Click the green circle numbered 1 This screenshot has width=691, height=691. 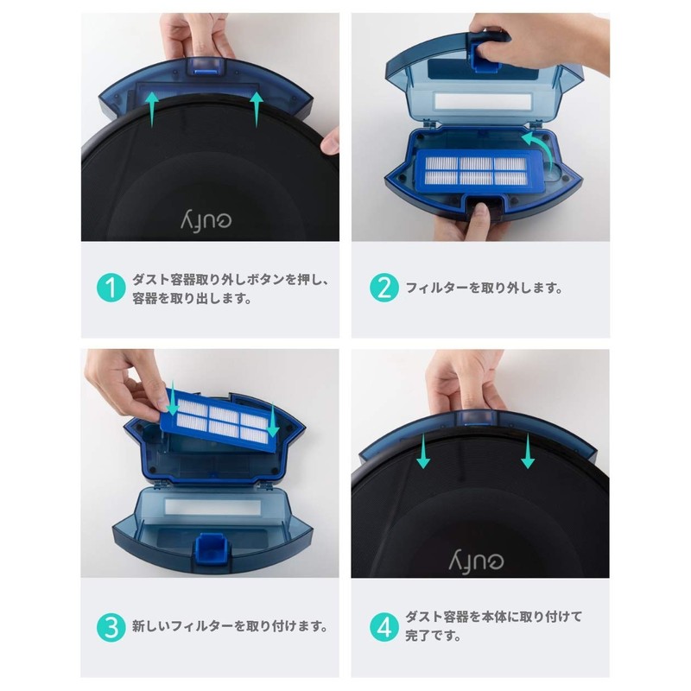click(110, 288)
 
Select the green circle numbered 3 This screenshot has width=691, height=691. click(110, 626)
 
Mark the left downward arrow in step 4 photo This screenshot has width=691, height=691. click(422, 452)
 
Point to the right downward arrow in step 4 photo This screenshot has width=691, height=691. click(528, 452)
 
